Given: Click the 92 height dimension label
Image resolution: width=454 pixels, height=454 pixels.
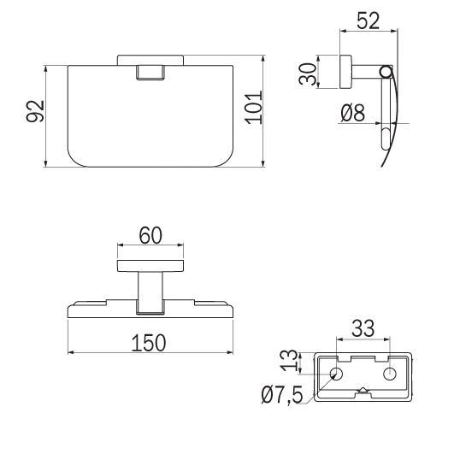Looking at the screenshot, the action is point(35,111).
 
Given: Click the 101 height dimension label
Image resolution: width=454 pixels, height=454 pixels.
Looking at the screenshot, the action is point(254,108).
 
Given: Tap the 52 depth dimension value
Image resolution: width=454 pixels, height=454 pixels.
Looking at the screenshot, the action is point(368,21).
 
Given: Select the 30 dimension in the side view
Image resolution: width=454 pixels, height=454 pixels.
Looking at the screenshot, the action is point(307,74).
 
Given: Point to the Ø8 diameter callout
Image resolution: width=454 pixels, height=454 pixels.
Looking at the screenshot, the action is point(352,113).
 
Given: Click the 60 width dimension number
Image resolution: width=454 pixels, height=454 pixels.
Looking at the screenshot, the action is point(150,235).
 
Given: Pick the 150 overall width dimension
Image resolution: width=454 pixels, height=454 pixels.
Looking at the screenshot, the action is point(149,343).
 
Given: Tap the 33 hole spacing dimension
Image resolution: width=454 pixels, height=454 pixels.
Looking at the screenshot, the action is point(363,328).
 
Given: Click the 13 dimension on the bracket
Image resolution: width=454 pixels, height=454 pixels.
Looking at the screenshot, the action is point(289,361).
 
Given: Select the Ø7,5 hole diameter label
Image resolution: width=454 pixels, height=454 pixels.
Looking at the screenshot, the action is point(282,395).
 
